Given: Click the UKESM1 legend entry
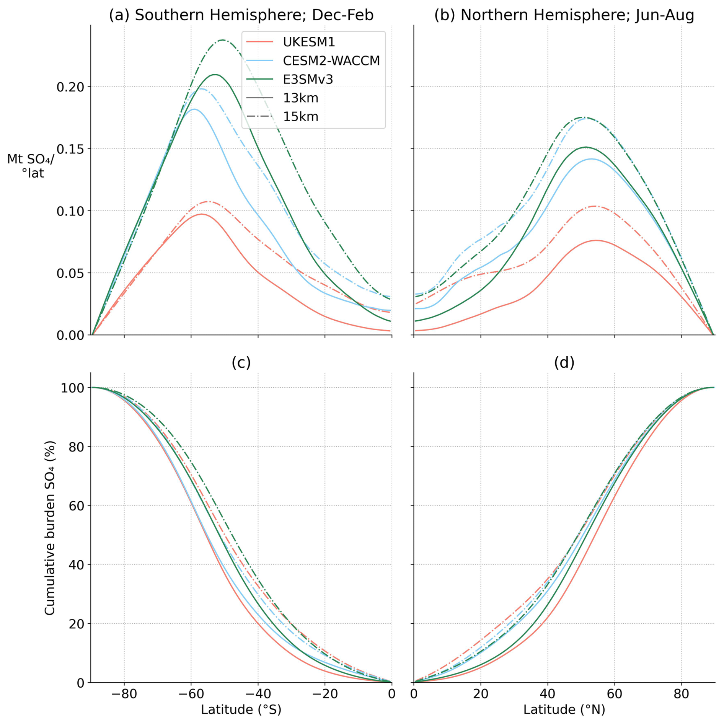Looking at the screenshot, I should coord(309,42).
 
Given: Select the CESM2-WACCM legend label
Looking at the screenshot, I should coord(331,60).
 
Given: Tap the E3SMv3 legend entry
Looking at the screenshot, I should coord(308,79).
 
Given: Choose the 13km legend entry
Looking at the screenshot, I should coord(300,98).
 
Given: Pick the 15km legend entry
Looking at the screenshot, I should coord(300,116).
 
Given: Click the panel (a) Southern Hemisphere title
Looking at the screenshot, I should coord(241,15).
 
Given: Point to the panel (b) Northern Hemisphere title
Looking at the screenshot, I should coord(564,15).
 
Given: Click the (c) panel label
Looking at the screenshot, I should coord(241,362).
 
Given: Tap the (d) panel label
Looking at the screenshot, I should coord(564,362).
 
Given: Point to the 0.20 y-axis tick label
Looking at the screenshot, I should coord(70,87).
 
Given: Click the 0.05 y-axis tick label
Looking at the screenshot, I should coord(70,273).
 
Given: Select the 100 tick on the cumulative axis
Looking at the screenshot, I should coord(72,388).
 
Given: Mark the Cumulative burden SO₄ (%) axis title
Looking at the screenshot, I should coord(50,528).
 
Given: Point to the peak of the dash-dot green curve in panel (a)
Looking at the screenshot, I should coord(223,40).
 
